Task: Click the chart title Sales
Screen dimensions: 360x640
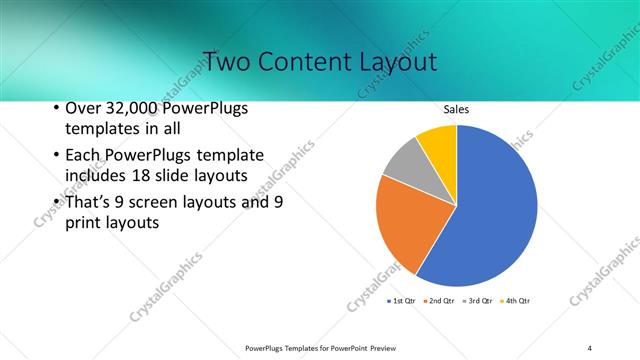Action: point(456,110)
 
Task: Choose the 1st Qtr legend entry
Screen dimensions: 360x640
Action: point(400,300)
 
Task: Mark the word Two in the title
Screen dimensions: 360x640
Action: point(229,61)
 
